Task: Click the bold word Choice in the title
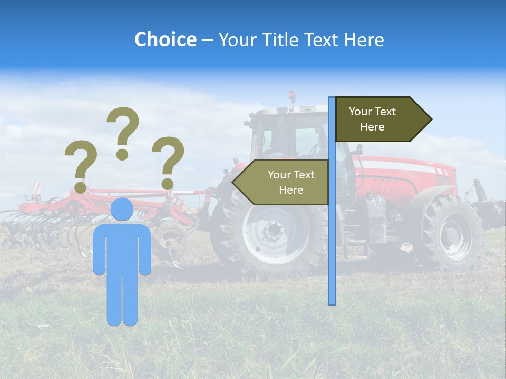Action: [x=165, y=39]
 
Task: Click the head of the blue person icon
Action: [x=122, y=210]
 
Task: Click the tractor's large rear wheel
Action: [x=271, y=232]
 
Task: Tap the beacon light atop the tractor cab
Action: [x=291, y=96]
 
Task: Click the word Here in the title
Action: [x=364, y=39]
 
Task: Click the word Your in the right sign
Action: [x=360, y=112]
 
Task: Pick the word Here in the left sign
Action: [x=291, y=190]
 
